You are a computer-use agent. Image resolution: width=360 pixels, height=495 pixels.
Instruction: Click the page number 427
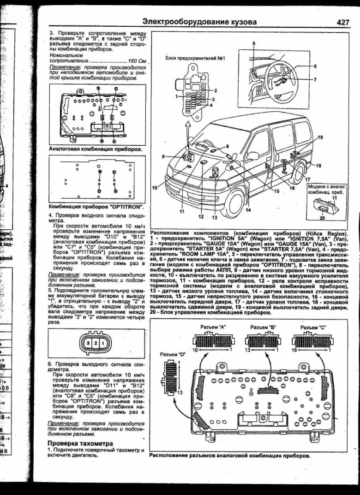pyautogui.click(x=344, y=22)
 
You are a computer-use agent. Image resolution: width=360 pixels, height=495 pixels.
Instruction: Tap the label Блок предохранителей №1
pyautogui.click(x=194, y=59)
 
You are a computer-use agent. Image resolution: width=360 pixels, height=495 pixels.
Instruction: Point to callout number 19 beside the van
pyautogui.click(x=320, y=137)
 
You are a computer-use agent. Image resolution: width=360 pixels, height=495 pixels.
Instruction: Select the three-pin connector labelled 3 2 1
pyautogui.click(x=95, y=343)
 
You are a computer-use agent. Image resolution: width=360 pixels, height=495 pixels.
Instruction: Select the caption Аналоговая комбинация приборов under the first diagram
pyautogui.click(x=96, y=149)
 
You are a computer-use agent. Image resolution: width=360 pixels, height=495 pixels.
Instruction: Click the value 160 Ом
pyautogui.click(x=138, y=60)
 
